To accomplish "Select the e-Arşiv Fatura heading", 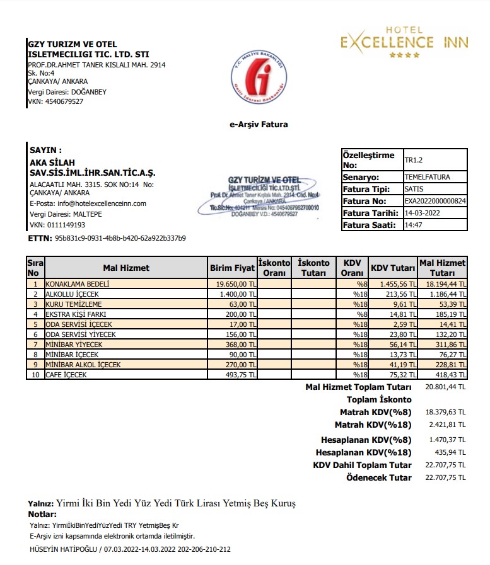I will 259,125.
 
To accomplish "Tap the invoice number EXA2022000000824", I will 435,201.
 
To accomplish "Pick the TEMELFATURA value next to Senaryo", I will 427,177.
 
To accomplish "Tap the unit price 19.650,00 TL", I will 232,284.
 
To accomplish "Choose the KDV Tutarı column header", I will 393,268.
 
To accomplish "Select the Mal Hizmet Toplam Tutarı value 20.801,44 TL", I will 445,387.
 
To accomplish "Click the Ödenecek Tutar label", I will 378,477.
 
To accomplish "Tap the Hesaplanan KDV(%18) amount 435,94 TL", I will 453,452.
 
